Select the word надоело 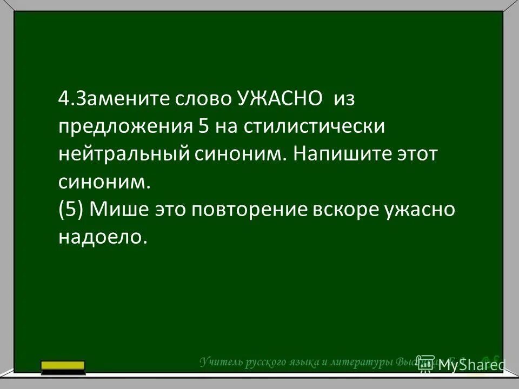click(x=103, y=238)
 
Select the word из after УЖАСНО click(x=347, y=99)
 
